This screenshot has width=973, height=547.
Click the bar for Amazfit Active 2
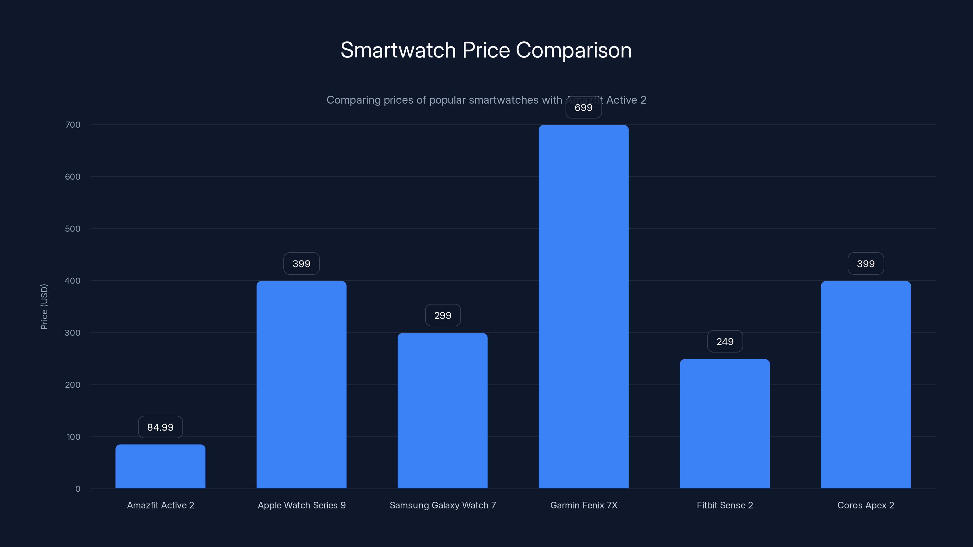tap(160, 466)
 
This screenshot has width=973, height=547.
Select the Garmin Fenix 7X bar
tap(583, 307)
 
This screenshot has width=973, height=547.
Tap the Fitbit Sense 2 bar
tap(725, 424)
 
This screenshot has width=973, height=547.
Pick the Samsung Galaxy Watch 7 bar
tap(442, 411)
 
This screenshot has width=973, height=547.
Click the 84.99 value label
tap(160, 427)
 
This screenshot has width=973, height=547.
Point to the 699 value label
tap(583, 108)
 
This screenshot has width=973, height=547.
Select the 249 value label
tap(725, 341)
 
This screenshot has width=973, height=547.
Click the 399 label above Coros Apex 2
tap(866, 263)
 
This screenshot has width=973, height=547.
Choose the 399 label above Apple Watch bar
tap(301, 263)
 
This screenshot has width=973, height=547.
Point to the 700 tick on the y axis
tap(73, 125)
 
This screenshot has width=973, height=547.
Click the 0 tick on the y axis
tap(78, 489)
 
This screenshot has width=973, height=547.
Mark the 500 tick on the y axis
tap(73, 229)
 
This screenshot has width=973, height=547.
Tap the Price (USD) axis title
tap(44, 307)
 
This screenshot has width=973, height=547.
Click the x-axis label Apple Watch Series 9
tap(301, 505)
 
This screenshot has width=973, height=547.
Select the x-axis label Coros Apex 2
tap(866, 505)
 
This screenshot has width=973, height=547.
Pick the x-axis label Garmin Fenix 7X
tap(583, 505)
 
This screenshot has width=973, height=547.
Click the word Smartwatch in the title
tap(398, 50)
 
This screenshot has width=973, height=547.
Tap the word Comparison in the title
tap(573, 50)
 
